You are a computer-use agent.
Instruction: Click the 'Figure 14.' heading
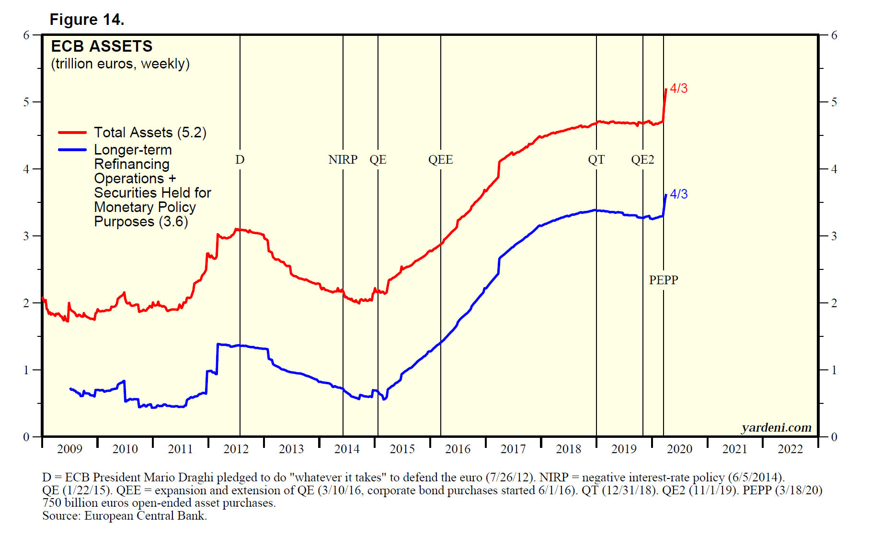pos(87,20)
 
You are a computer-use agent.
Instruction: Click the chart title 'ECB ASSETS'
pos(102,46)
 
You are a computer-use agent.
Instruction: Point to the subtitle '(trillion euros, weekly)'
pos(120,64)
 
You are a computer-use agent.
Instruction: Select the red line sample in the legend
pos(72,133)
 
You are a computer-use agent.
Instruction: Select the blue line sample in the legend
pos(72,150)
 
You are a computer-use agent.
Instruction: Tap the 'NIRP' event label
pos(343,160)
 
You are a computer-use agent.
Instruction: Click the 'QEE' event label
pos(440,160)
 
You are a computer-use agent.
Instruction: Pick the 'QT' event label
pos(596,160)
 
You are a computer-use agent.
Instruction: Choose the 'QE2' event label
pos(642,160)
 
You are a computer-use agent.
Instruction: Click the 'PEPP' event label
pos(664,280)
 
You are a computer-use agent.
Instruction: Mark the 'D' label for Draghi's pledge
pos(240,160)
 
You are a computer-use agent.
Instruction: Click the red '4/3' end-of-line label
pos(678,89)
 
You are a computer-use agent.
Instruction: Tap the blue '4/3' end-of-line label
pos(678,194)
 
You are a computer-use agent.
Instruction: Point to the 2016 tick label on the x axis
pos(458,449)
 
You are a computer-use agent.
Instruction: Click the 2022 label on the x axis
pos(790,449)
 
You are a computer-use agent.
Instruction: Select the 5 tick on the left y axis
pos(26,102)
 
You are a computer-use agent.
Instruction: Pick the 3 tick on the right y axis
pos(834,236)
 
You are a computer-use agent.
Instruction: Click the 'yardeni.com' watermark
pos(776,427)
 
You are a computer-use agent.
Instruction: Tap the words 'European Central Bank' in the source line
pos(145,516)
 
